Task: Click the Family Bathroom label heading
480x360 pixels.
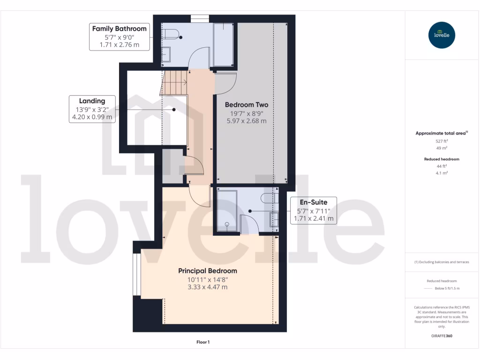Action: tap(119, 29)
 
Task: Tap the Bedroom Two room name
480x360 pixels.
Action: tap(246, 105)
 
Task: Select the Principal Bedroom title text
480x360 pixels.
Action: tap(207, 270)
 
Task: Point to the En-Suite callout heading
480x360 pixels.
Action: tap(314, 202)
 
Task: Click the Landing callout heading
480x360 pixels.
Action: tap(92, 101)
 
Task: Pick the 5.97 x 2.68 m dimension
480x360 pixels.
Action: tap(246, 121)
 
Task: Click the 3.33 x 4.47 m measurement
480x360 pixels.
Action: tap(207, 287)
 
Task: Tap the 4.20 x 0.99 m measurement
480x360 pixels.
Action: tap(92, 117)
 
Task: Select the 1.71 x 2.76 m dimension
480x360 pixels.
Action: tap(119, 45)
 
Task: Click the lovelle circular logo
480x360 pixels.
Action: tap(442, 35)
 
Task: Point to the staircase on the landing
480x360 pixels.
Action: tap(174, 82)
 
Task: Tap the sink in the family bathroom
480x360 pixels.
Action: tap(167, 54)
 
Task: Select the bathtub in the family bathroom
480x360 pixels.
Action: tap(223, 45)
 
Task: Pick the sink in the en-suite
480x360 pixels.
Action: tap(274, 219)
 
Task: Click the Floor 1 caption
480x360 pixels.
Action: tap(202, 342)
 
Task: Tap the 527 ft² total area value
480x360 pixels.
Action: tap(442, 141)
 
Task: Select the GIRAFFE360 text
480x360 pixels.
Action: tap(442, 336)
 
